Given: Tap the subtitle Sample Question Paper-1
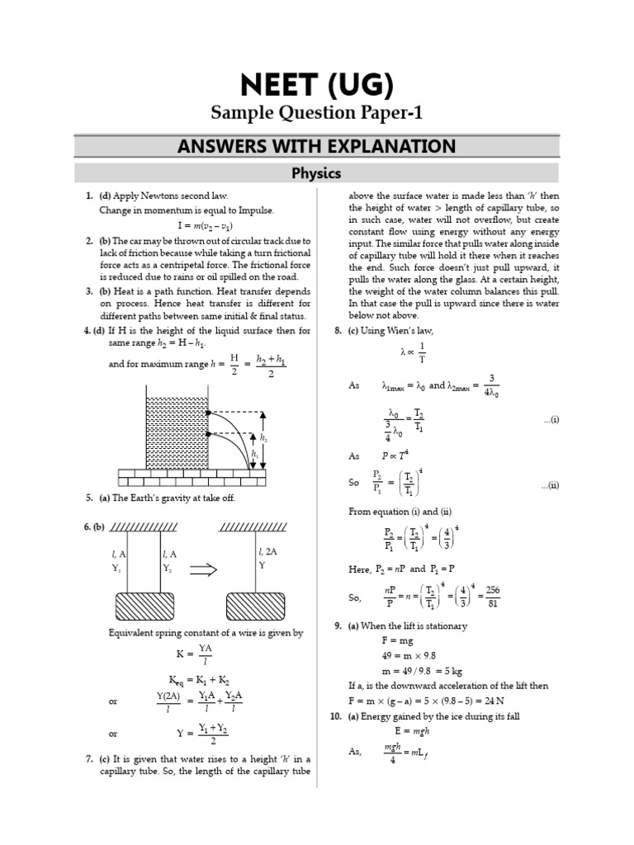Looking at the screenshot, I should (317, 112).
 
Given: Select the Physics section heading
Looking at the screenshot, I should (317, 173).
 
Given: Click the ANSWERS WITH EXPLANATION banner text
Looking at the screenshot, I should (317, 147).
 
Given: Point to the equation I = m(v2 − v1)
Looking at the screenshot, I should (204, 224).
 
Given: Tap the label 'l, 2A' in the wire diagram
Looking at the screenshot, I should (269, 551).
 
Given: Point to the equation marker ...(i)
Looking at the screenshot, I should (551, 420).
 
